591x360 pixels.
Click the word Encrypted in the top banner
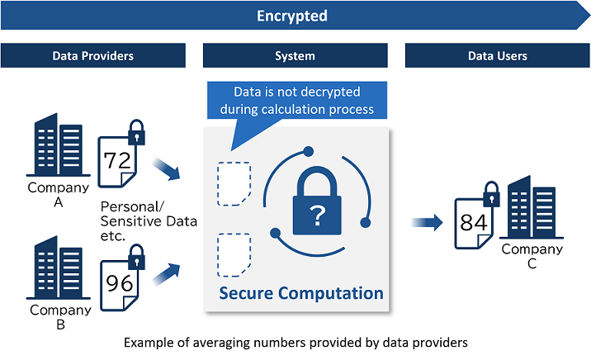point(291,16)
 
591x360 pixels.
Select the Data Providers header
point(92,56)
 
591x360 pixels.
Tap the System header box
point(295,56)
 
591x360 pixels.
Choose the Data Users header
point(497,56)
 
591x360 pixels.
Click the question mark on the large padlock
point(315,217)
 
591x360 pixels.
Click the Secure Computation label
point(300,293)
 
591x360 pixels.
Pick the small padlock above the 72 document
point(135,132)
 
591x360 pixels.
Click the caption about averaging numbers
point(295,342)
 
